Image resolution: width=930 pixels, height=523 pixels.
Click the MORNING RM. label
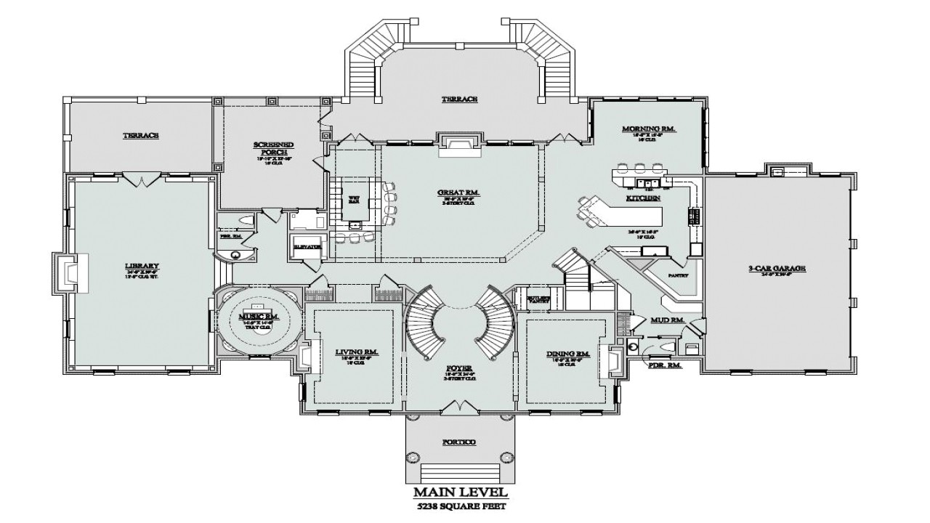[x=649, y=129]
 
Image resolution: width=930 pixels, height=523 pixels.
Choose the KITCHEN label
[x=643, y=198]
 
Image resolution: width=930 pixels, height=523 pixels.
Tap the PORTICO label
[x=459, y=442]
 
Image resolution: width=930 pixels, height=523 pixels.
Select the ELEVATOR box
[x=308, y=247]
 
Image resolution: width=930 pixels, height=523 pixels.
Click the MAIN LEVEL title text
[x=461, y=493]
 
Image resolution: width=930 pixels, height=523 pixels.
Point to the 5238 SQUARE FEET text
[x=461, y=508]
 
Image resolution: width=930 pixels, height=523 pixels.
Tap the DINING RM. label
[x=567, y=354]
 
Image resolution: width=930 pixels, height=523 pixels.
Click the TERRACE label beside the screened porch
[x=140, y=136]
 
